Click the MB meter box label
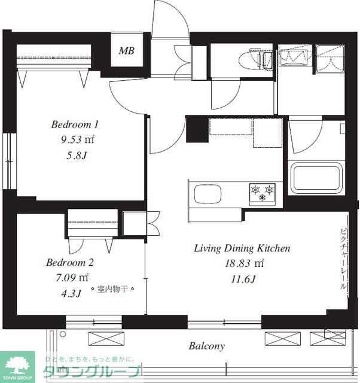[x=126, y=51]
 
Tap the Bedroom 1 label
[x=75, y=124]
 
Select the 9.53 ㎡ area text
[x=77, y=139]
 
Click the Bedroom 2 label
[x=70, y=263]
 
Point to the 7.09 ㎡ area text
[x=72, y=278]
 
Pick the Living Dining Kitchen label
[x=242, y=248]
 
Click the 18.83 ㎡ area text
[x=245, y=263]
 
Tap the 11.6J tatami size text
[x=243, y=279]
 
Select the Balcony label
[x=206, y=346]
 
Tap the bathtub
[x=316, y=178]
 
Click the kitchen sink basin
[x=208, y=194]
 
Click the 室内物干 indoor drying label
[x=112, y=289]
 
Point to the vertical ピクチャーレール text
[x=344, y=259]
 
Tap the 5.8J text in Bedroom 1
[x=77, y=156]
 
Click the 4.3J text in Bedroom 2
[x=71, y=293]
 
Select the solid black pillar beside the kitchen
[x=197, y=129]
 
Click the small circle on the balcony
[x=63, y=334]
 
